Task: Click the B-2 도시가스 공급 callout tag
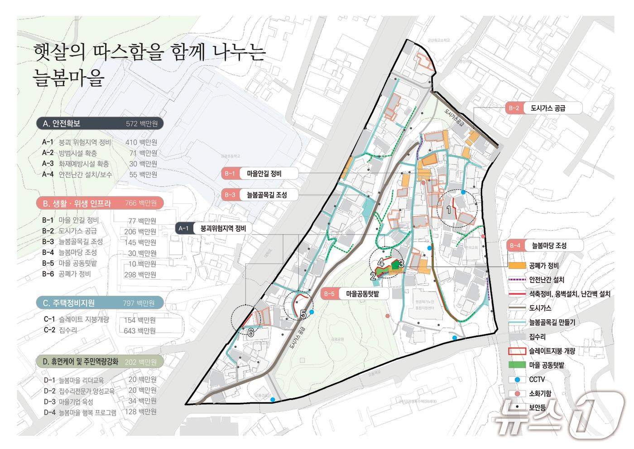tap(543, 108)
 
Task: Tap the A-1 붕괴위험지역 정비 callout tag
tap(213, 229)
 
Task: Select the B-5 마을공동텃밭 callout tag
tap(356, 294)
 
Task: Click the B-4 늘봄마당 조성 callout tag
tap(543, 245)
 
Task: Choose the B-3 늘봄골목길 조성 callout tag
tap(260, 195)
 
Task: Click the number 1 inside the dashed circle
tap(449, 210)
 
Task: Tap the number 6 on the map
tap(250, 332)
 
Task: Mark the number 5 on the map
tap(303, 314)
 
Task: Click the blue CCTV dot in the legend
tap(517, 379)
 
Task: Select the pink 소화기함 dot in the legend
tap(517, 393)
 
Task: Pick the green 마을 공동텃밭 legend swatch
tap(517, 365)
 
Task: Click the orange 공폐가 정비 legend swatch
tap(517, 265)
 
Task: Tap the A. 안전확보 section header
tap(100, 123)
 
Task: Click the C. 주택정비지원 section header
tap(100, 303)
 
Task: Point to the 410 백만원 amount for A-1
tap(141, 142)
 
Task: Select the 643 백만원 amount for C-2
tap(140, 331)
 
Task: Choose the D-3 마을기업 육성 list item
tap(69, 401)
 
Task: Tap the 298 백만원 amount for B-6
tap(140, 274)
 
